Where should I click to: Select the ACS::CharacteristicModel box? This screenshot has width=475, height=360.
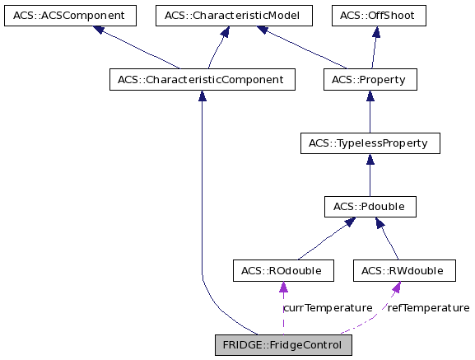coord(234,16)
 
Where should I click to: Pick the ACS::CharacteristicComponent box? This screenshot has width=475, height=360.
coord(202,80)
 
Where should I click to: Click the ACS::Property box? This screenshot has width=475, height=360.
coord(370,80)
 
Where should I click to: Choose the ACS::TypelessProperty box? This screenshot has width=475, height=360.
coord(369,143)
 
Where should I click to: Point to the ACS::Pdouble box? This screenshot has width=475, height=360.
coord(369,206)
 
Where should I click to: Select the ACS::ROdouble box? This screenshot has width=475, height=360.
coord(283,270)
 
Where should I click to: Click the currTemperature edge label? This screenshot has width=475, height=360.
coord(328,307)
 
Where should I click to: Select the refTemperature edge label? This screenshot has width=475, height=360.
coord(428,307)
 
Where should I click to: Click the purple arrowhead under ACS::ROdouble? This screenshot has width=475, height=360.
coord(283,288)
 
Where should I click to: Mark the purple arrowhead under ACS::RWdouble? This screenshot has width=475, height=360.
coord(396,288)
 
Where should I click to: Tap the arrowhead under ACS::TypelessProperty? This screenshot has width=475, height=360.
coord(369,160)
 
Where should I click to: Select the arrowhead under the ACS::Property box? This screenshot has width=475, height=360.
coord(369,96)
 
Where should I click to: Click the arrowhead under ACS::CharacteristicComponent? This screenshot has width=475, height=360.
coord(202,96)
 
